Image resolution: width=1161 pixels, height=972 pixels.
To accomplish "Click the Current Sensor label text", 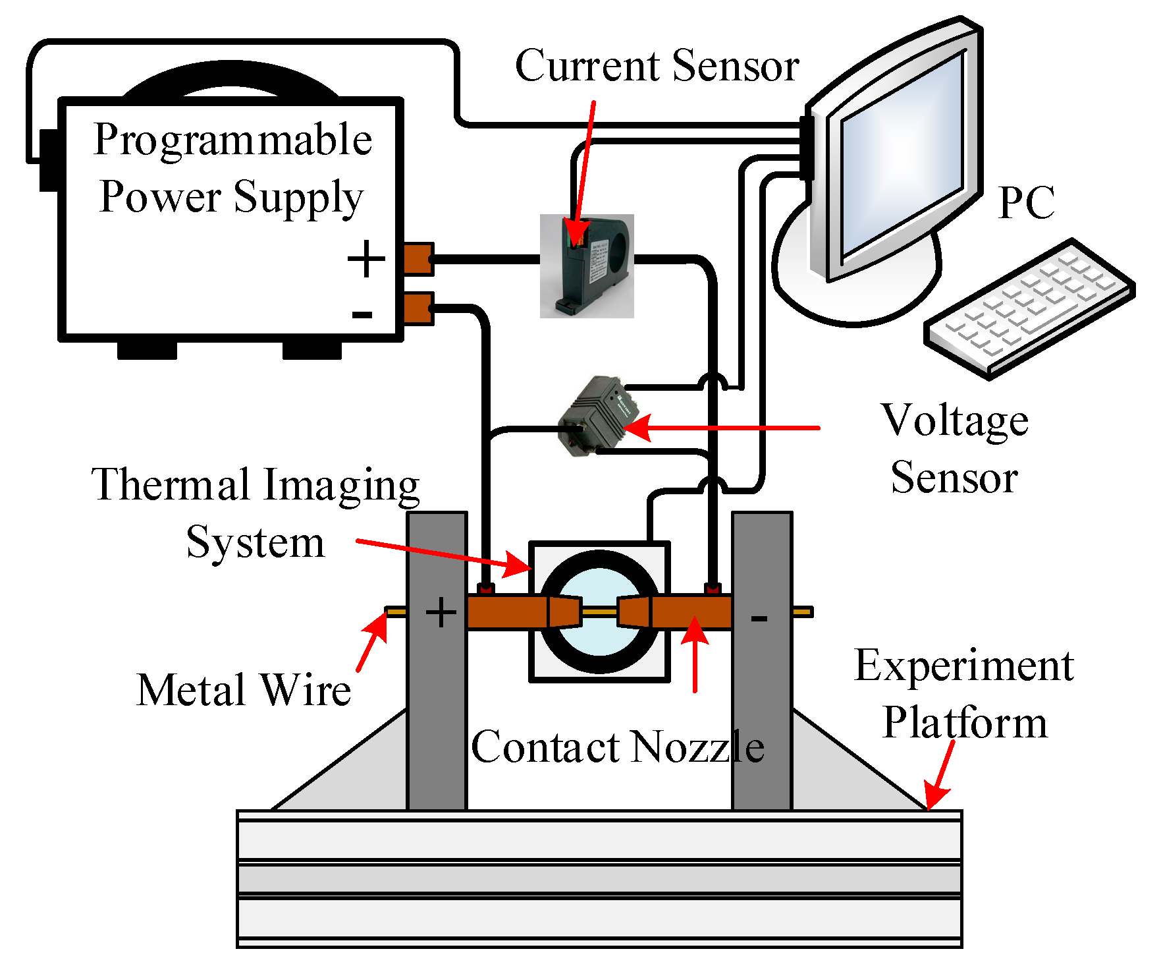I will click(x=657, y=67).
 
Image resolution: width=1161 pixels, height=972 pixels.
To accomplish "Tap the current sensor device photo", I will click(x=586, y=266).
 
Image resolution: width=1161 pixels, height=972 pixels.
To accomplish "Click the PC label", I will click(x=1025, y=203).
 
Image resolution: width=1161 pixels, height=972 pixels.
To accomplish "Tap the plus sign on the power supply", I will click(x=366, y=259).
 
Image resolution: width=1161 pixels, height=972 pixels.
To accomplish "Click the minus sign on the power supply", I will click(x=362, y=315).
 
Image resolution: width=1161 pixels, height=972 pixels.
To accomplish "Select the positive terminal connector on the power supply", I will click(x=418, y=259).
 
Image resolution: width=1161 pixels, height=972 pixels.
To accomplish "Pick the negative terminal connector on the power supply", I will click(x=418, y=308).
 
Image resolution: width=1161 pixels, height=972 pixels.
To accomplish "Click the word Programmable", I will click(x=232, y=140).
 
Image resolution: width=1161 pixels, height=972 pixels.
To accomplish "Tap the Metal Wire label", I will click(x=244, y=690).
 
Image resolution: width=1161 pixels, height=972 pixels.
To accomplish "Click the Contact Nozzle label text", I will click(x=617, y=747).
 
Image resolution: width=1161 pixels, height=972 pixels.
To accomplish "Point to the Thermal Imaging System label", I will click(x=256, y=513).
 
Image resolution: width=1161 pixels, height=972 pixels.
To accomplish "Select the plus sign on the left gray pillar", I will click(x=441, y=613).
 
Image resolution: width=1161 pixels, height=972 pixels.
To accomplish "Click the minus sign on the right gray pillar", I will click(x=759, y=618).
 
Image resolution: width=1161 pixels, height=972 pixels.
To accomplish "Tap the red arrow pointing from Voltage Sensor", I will click(x=724, y=428).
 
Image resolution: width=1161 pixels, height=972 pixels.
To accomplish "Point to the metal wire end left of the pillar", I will click(x=395, y=612).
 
